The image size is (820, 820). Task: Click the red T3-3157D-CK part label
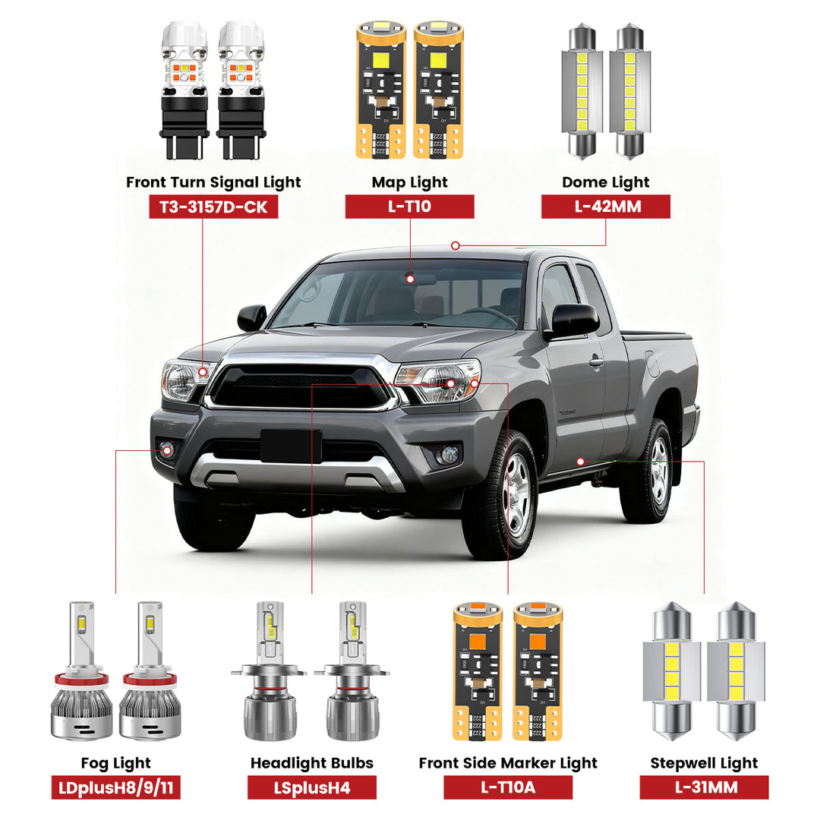[213, 207]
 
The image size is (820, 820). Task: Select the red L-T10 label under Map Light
[409, 207]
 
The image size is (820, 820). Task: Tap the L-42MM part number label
[605, 207]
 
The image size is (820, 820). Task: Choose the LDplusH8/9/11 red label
[115, 787]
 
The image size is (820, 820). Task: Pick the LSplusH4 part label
[311, 787]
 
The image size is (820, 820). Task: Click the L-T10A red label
[508, 787]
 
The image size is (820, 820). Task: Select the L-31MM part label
[704, 787]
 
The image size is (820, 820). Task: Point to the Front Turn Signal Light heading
[213, 182]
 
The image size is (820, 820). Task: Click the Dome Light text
[605, 182]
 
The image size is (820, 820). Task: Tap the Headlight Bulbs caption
[311, 763]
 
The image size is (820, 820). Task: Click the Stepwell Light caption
[704, 763]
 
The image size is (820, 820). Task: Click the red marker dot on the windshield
[410, 279]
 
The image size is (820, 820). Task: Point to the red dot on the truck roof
[455, 245]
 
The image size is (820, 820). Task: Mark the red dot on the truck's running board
[580, 461]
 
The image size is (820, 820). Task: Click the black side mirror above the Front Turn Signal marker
[252, 317]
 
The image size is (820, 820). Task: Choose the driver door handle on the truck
[597, 361]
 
